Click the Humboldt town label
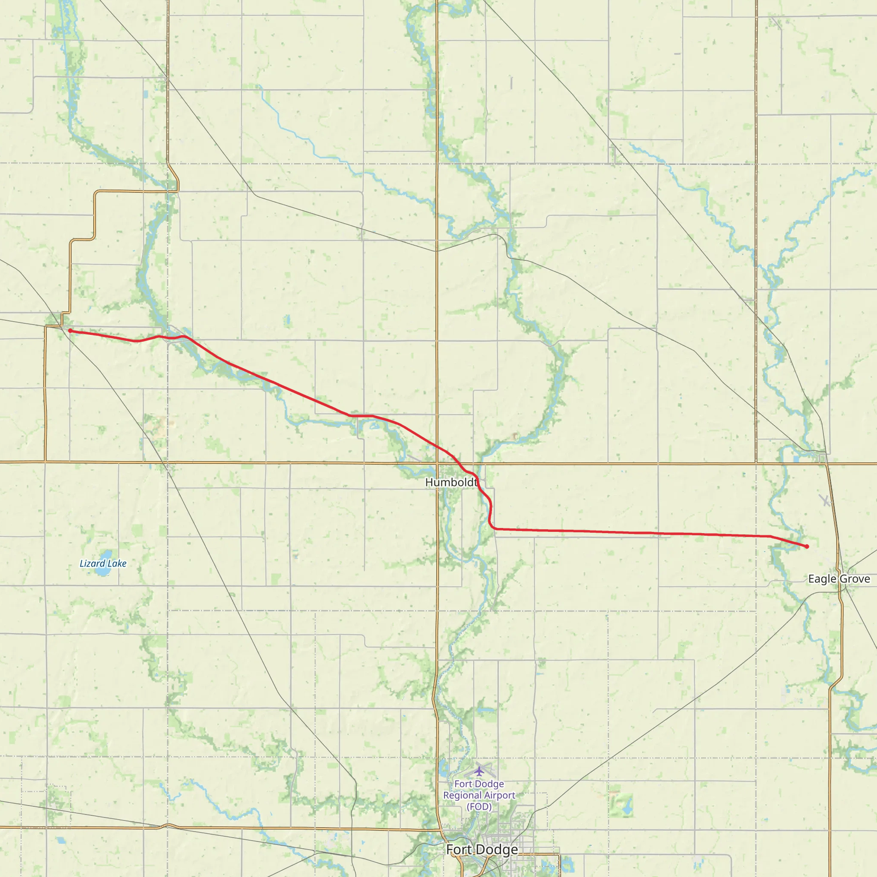click(451, 482)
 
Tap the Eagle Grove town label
click(839, 579)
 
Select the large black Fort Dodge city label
click(482, 849)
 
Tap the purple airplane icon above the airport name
click(479, 771)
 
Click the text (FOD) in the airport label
click(479, 807)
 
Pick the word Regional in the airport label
click(463, 795)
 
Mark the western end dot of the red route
click(70, 331)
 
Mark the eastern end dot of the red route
click(807, 546)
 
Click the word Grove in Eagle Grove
click(855, 579)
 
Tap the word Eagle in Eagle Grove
click(822, 579)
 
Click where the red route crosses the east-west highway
click(459, 463)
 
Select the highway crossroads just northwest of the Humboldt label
click(437, 463)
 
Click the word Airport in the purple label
click(499, 795)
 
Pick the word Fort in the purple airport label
click(463, 784)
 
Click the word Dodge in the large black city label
click(499, 849)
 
